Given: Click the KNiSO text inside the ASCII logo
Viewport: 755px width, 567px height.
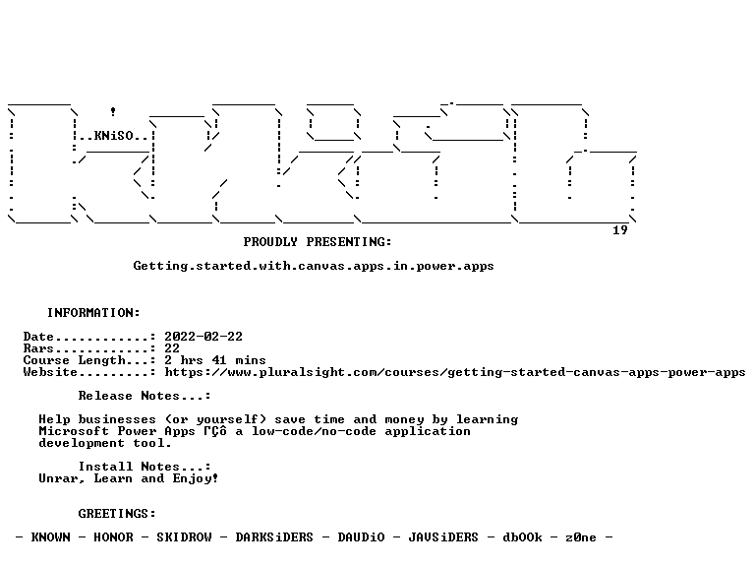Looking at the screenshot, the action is click(113, 136).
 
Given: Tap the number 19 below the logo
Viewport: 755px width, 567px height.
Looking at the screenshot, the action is click(620, 230).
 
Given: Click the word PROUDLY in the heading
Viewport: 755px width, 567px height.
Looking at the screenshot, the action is click(270, 242).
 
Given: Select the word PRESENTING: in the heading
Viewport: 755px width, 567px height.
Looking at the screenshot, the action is click(349, 242).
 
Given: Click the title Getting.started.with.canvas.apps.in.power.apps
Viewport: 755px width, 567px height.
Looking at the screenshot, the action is click(314, 266).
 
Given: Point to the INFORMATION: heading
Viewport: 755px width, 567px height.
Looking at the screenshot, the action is click(93, 313).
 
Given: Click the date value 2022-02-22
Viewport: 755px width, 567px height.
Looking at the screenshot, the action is click(203, 337).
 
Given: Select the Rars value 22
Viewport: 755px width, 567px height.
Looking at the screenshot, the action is click(172, 348).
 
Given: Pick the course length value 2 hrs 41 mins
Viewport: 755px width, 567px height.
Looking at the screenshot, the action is click(215, 360).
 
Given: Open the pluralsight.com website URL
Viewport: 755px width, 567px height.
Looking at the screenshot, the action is click(455, 372).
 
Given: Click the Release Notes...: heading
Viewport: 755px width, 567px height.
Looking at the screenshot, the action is click(145, 396).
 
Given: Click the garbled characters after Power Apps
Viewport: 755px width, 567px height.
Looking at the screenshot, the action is click(215, 431).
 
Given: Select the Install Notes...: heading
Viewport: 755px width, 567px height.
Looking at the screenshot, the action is click(145, 467).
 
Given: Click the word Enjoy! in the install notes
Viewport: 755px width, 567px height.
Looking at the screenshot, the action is click(196, 478).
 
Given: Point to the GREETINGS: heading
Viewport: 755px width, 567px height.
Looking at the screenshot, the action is click(117, 514).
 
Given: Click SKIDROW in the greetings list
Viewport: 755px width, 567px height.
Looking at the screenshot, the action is click(184, 537).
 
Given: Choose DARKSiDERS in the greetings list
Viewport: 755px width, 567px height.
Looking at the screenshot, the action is click(274, 537).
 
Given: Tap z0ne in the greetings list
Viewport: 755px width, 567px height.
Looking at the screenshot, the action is click(581, 537).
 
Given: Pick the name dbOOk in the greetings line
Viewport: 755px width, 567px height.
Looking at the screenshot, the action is click(522, 537).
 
